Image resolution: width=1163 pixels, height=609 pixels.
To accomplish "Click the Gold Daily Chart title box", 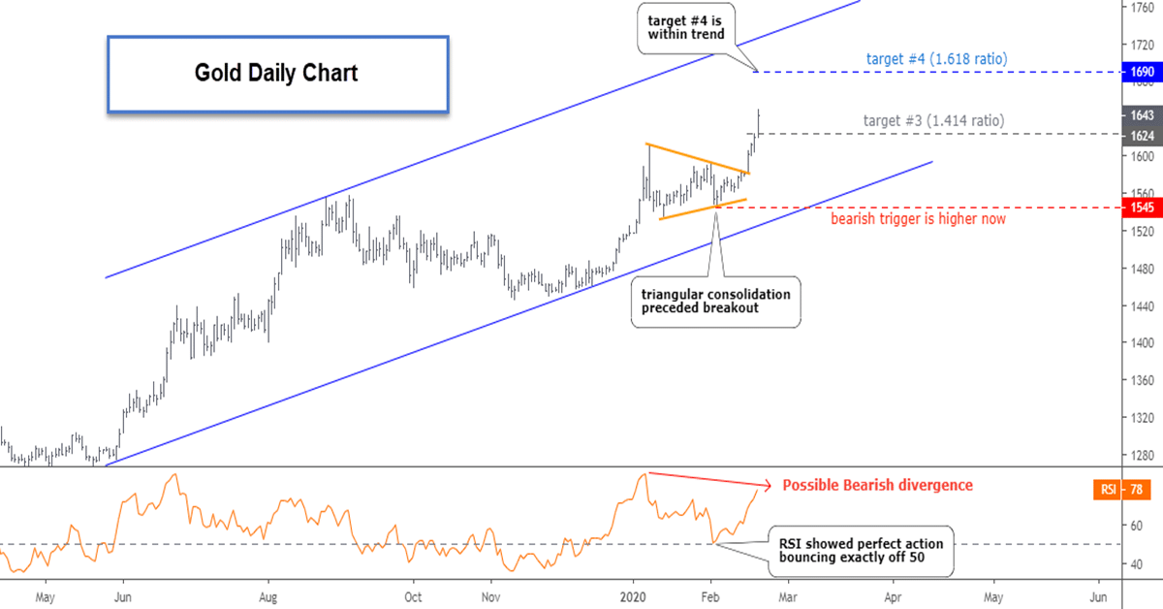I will (x=276, y=74).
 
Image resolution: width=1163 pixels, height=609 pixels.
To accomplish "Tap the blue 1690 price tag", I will (x=1140, y=72).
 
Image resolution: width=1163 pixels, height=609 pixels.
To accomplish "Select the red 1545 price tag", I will (x=1140, y=208).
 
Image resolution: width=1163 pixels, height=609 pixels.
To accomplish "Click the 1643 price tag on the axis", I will (x=1140, y=114).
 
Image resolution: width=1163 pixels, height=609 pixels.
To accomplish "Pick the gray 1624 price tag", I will (x=1140, y=134).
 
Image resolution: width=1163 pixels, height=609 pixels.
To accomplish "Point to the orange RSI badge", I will (x=1108, y=490).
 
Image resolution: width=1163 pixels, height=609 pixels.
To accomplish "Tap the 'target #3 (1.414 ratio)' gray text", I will (x=933, y=121).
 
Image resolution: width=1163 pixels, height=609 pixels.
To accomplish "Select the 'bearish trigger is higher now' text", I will (x=918, y=219).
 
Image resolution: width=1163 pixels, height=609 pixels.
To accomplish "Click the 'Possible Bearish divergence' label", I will (x=877, y=485).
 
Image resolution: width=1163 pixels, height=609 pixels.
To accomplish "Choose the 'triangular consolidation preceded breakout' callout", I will (x=715, y=301).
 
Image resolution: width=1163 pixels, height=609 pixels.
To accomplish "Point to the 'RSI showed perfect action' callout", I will (x=860, y=551).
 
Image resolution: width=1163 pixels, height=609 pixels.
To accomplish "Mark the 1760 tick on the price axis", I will (x=1141, y=8).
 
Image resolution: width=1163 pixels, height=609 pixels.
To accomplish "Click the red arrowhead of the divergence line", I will (x=768, y=485).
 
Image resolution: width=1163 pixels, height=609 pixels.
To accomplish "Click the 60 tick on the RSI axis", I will (x=1133, y=526).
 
